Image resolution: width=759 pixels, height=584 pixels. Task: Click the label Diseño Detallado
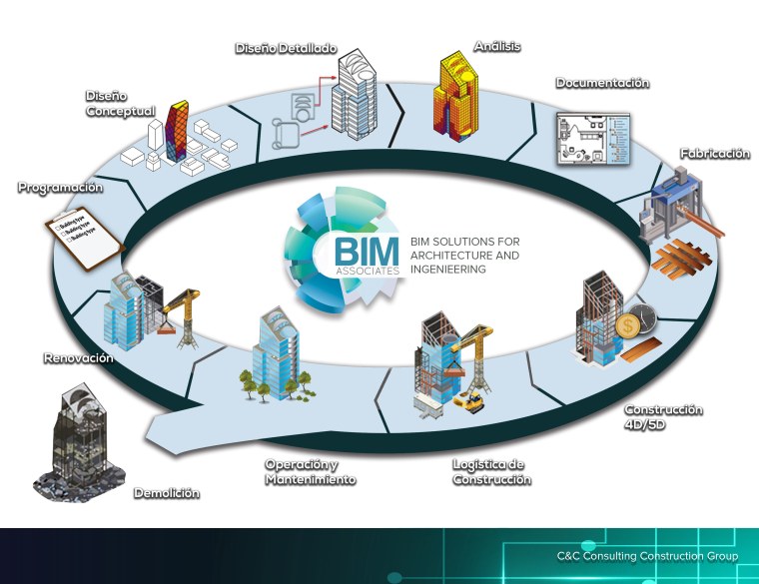(286, 48)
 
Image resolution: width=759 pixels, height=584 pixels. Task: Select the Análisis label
(496, 46)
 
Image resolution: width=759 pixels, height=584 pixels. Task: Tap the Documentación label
(602, 83)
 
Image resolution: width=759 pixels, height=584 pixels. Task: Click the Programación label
(60, 187)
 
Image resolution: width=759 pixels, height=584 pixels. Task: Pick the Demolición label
(166, 493)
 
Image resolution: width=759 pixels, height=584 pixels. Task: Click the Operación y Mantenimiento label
(310, 472)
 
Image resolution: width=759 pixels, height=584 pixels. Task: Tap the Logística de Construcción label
(490, 472)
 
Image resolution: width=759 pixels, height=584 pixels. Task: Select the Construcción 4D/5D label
(663, 417)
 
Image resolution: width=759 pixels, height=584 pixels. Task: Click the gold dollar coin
(628, 326)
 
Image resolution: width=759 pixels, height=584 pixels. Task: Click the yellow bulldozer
(468, 400)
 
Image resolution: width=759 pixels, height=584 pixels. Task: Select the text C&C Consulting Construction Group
(647, 556)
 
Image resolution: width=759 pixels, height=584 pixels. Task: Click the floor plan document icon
(591, 139)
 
